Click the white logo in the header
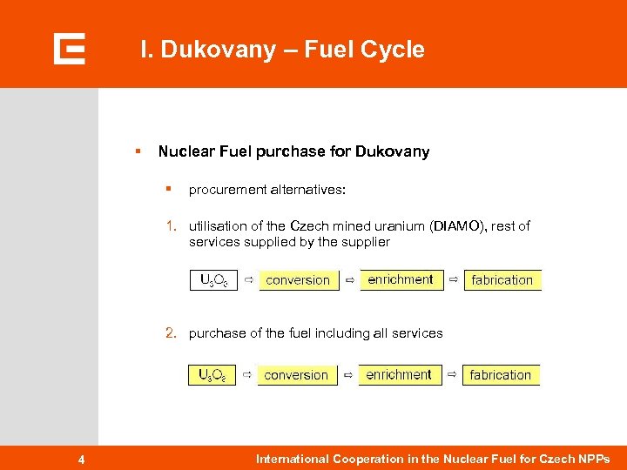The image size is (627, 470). point(69,49)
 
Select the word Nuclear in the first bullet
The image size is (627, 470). point(185,151)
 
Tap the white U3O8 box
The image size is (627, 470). point(213,280)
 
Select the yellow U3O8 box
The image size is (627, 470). point(212,375)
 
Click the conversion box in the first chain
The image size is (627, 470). point(298,280)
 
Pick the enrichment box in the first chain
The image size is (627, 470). point(401,279)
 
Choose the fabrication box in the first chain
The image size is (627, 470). point(502,280)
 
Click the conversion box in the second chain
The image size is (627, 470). point(296,375)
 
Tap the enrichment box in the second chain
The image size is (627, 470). point(399,374)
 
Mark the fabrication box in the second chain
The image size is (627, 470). point(500,375)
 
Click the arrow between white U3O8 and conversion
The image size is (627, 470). point(248,279)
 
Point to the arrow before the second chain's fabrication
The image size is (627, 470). point(451,374)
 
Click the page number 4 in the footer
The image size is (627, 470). point(80,460)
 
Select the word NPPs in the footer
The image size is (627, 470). point(595,459)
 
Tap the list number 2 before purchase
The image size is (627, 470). point(172,332)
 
